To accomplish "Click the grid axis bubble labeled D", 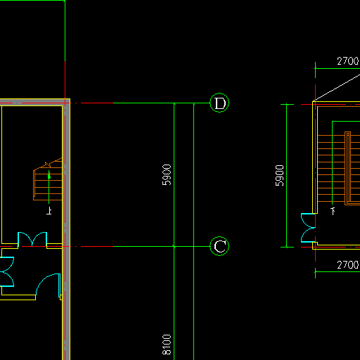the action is (x=219, y=103).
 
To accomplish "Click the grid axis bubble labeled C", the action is (x=219, y=246).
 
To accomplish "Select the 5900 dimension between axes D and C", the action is (x=167, y=175).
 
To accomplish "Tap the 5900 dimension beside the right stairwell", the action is (x=279, y=176).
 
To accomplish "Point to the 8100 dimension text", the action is (x=167, y=345).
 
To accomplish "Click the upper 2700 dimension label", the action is (x=348, y=61).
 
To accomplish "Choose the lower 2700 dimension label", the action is (x=348, y=265).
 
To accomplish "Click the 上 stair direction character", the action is (x=49, y=211).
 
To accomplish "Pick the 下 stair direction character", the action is (x=333, y=211).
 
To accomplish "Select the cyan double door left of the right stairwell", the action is (x=308, y=228).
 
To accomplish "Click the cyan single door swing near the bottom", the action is (x=48, y=285).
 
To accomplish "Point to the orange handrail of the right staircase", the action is (x=348, y=168).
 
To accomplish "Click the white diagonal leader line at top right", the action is (x=337, y=88).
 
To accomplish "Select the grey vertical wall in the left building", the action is (x=67, y=230).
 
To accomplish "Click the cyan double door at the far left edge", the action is (x=7, y=271).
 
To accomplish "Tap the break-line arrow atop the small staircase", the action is (x=48, y=165).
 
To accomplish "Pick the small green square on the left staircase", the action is (x=49, y=176).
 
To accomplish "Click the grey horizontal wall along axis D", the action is (x=33, y=103).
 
